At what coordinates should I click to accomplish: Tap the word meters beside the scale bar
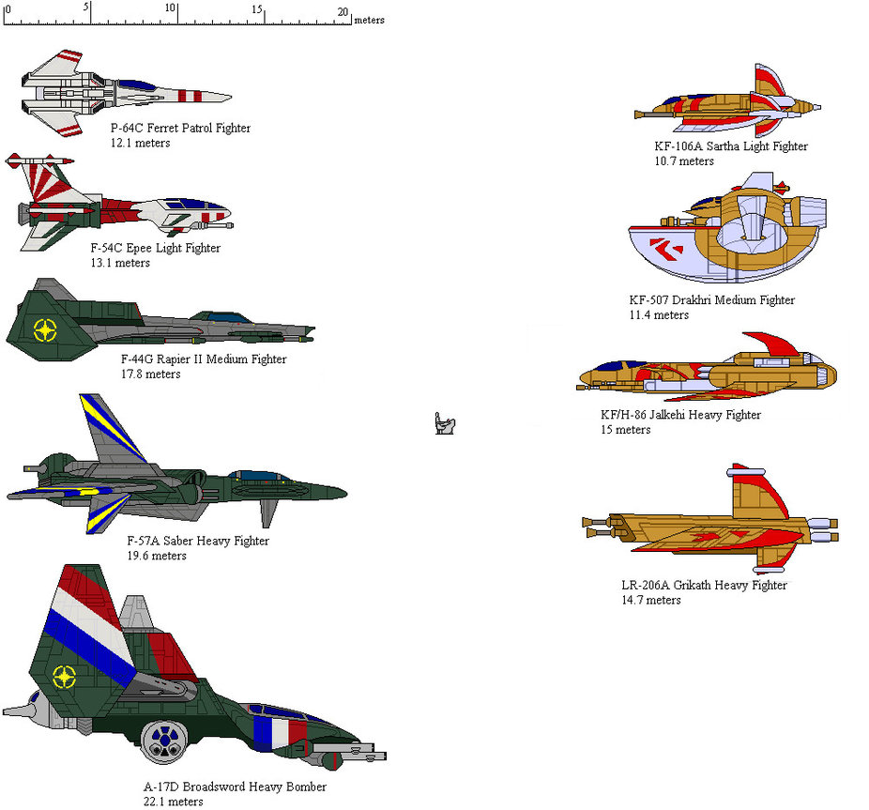[369, 20]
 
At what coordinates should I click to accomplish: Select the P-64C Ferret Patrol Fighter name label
[180, 128]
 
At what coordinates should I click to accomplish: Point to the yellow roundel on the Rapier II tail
[43, 329]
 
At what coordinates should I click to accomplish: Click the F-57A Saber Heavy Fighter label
[197, 541]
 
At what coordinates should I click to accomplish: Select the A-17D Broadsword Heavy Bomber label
[229, 787]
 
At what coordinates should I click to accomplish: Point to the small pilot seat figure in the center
[445, 424]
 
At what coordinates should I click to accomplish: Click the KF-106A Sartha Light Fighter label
[731, 146]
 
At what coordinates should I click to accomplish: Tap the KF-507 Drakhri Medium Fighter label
[711, 300]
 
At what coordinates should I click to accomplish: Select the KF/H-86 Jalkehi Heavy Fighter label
[680, 415]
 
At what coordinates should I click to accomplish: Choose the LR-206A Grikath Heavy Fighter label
[704, 586]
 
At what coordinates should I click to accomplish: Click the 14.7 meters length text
[650, 601]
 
